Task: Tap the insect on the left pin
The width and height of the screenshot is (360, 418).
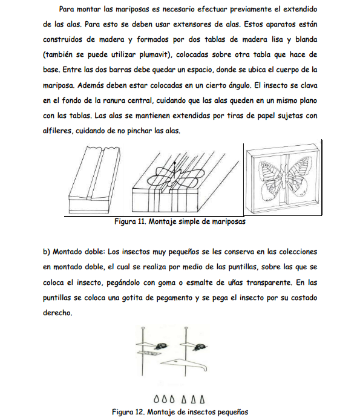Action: point(162,347)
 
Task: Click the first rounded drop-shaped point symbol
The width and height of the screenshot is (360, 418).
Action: point(156,400)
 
